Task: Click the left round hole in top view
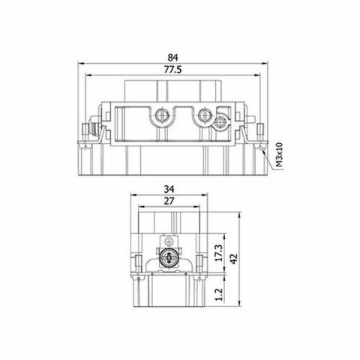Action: tap(160, 117)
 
